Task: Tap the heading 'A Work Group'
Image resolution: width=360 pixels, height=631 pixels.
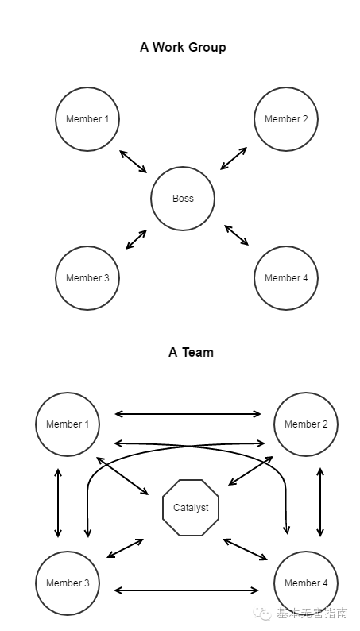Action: tap(183, 48)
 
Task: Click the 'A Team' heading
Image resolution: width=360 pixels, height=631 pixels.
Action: tap(191, 352)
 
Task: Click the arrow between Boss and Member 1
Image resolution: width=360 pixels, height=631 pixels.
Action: tap(134, 161)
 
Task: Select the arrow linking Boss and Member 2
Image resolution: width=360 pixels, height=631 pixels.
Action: tap(234, 158)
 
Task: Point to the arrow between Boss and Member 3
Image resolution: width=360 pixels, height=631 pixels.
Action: tap(137, 239)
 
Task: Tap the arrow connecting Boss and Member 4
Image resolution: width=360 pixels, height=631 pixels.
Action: tap(237, 235)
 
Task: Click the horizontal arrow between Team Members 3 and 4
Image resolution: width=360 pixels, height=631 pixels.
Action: tap(186, 590)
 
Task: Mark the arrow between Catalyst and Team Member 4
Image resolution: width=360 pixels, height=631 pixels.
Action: tap(245, 549)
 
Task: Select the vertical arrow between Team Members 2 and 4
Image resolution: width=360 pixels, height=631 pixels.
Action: tap(320, 501)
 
